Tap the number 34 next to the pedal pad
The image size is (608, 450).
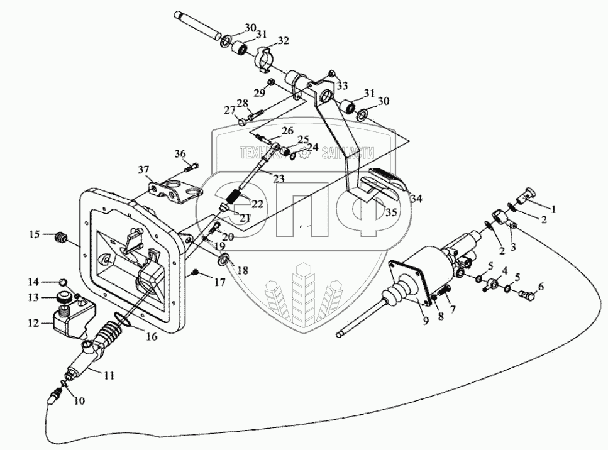416,199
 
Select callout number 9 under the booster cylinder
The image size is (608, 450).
426,321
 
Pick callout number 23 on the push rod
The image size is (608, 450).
278,179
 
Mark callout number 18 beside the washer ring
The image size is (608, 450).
243,270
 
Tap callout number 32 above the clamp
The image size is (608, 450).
283,41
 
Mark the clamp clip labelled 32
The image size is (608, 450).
265,57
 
